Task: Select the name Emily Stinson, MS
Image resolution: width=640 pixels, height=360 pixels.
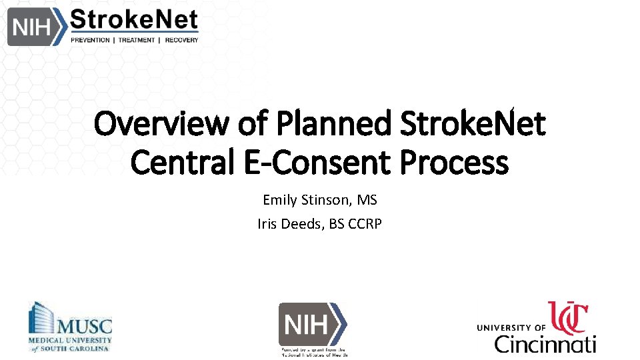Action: [320, 199]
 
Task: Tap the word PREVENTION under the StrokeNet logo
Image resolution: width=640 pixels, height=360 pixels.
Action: [91, 40]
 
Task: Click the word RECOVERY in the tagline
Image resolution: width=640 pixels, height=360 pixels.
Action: [182, 40]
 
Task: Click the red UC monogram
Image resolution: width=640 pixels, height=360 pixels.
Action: [568, 318]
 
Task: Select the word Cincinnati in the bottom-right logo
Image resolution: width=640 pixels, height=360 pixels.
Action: [545, 344]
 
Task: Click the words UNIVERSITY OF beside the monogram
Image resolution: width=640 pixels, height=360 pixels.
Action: [511, 327]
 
